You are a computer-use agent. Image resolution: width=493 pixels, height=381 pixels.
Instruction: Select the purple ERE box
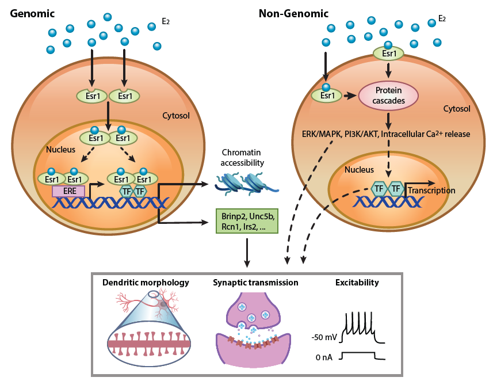click(x=68, y=190)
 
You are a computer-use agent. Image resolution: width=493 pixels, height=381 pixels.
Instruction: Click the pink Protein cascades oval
click(x=389, y=96)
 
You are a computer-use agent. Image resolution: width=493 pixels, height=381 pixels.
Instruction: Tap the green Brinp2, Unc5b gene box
click(x=247, y=221)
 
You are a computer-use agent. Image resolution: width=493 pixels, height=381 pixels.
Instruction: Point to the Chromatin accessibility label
click(x=242, y=158)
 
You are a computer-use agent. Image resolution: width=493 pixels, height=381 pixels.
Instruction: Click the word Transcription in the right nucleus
click(x=431, y=190)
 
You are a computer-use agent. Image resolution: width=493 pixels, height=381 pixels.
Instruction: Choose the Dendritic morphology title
click(x=146, y=283)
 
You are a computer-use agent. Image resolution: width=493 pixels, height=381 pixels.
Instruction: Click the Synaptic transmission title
click(x=255, y=283)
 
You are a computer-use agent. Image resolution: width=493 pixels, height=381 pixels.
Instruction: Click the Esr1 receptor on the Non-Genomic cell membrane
click(x=389, y=54)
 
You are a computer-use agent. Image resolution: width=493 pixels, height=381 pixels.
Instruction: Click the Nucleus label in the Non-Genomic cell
click(x=359, y=170)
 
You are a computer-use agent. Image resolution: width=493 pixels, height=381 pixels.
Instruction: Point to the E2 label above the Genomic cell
click(x=166, y=22)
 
